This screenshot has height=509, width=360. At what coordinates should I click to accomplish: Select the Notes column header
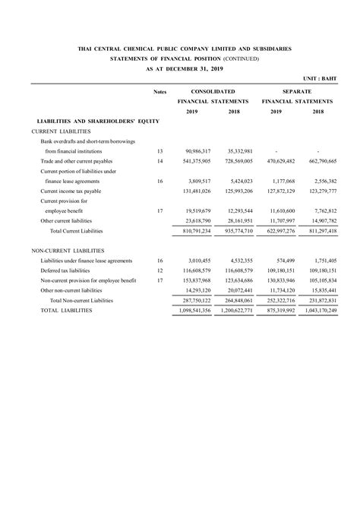(159, 90)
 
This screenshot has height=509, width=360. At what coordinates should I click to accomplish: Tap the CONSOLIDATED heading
(213, 90)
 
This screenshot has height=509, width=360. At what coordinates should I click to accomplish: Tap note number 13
(159, 151)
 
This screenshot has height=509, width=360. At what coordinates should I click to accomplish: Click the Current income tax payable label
(71, 191)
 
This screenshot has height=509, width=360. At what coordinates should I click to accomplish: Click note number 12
(159, 270)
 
